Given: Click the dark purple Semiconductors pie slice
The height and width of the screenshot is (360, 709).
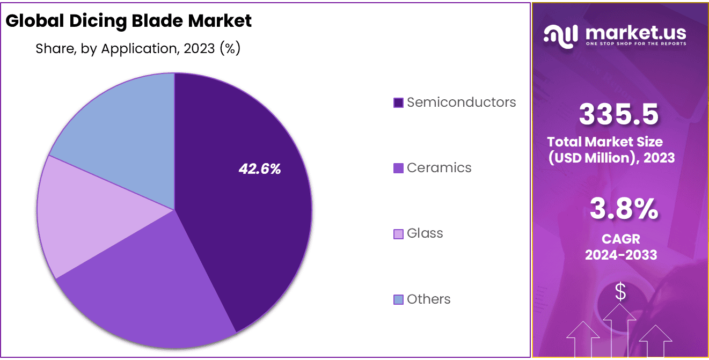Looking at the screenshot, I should [252, 215].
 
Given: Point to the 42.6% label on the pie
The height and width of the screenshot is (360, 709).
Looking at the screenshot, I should [260, 169].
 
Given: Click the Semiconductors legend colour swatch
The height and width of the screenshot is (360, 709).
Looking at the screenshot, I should [398, 102].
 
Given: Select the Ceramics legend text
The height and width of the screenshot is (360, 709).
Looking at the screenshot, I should [438, 168].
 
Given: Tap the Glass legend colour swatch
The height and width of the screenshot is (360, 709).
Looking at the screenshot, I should [398, 234].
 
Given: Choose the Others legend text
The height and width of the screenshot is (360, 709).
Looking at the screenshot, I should [428, 299].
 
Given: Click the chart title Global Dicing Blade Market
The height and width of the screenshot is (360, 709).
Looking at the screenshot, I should [128, 21].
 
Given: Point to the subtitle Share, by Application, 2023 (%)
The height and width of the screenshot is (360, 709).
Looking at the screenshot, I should [138, 49].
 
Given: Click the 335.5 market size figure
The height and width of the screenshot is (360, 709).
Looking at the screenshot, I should [619, 114].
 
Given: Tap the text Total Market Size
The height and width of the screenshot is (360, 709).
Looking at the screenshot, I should [605, 142].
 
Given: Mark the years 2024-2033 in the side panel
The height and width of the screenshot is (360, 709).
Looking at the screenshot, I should [621, 255].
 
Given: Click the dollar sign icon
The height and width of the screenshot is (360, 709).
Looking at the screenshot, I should [620, 293].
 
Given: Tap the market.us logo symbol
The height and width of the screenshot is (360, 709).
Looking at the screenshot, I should [560, 34].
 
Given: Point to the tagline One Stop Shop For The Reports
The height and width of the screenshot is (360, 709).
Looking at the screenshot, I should [635, 43].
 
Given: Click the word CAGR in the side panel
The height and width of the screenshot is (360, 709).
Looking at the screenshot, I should [621, 239].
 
